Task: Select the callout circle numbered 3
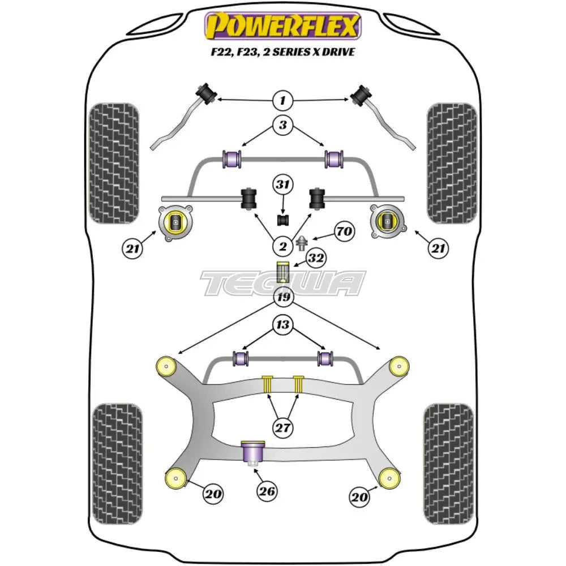point(282,125)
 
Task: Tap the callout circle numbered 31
point(282,184)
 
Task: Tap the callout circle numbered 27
point(282,427)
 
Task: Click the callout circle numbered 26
point(267,491)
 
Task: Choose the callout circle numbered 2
point(282,246)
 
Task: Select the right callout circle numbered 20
point(360,497)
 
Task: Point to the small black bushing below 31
point(282,218)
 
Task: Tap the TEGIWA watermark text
point(283,283)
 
